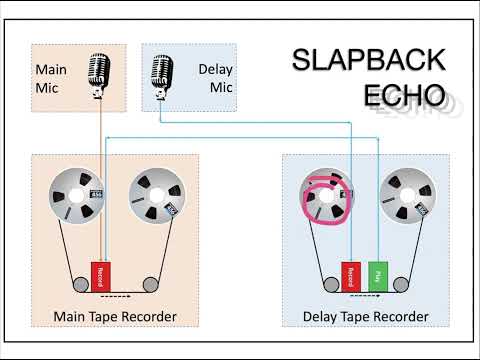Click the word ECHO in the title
coord(392,95)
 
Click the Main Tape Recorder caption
coord(115,317)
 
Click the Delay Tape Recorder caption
coord(366,317)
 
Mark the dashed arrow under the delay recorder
coord(368,296)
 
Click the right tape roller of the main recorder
coord(152,281)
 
